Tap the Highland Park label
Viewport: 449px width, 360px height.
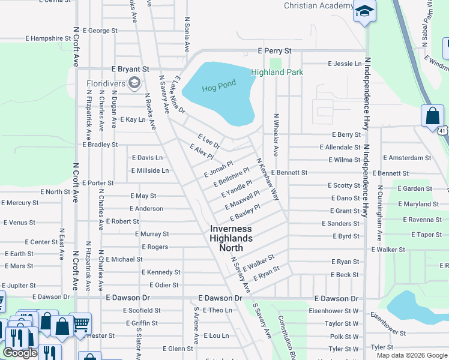277,72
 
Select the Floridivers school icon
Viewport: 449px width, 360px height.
135,82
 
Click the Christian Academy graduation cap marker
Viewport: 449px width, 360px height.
364,11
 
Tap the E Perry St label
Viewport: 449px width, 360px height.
274,52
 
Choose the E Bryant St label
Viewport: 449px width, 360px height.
130,70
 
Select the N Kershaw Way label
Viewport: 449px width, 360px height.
268,179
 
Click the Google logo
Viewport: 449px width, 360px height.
20,353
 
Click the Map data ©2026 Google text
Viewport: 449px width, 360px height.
411,355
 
